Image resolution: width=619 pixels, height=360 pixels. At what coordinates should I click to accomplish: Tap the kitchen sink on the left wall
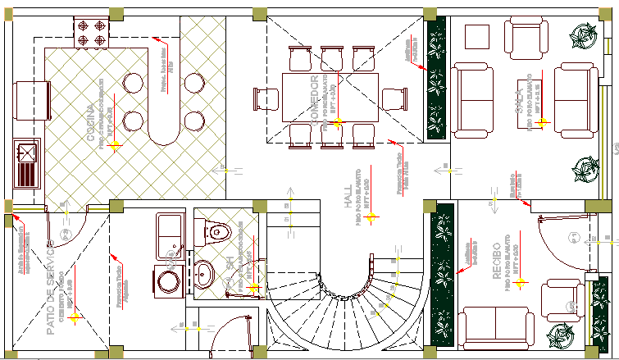[x=27, y=164]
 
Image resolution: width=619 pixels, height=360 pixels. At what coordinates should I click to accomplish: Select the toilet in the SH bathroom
[x=216, y=230]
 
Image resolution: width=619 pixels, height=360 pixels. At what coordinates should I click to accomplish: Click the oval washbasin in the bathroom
[x=203, y=270]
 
